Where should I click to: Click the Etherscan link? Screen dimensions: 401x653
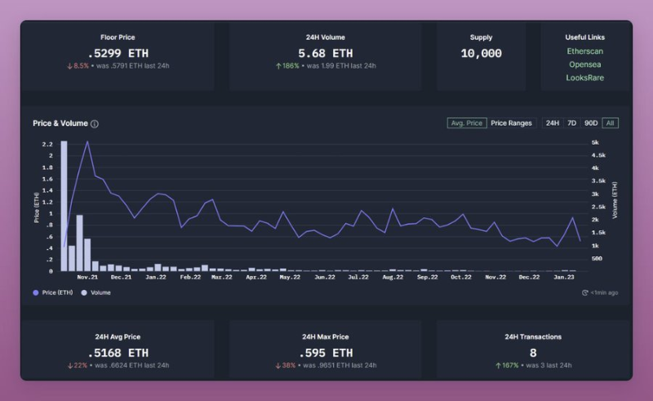(x=585, y=51)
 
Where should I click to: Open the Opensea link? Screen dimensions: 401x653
(x=585, y=64)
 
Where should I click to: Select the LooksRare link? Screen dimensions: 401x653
(x=585, y=78)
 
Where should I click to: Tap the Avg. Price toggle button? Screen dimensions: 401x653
(x=466, y=123)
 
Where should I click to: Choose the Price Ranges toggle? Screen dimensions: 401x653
(x=511, y=123)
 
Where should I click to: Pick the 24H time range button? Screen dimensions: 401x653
(x=553, y=123)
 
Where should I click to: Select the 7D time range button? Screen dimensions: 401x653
(x=571, y=123)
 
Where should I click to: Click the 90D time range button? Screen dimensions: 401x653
(x=591, y=123)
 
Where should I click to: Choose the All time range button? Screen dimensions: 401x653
(x=611, y=123)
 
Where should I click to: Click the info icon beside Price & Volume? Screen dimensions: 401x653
(x=95, y=124)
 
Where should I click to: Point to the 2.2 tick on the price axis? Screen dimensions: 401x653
(x=48, y=144)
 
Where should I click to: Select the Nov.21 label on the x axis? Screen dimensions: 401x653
(x=87, y=277)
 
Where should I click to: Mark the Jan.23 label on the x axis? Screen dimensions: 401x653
(x=563, y=277)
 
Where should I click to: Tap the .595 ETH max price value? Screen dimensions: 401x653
(x=325, y=353)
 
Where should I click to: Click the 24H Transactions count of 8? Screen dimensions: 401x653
(x=533, y=353)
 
